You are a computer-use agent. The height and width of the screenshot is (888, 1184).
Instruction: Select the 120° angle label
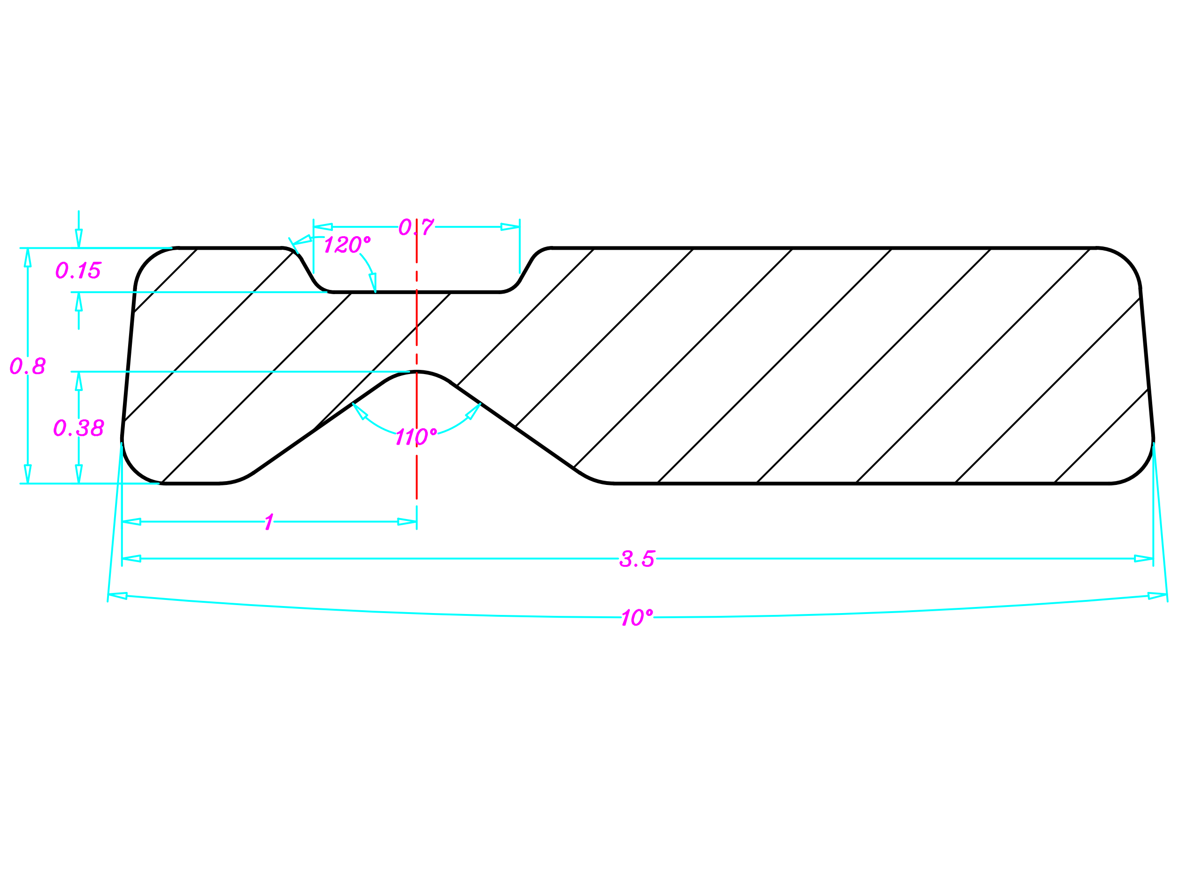coord(347,245)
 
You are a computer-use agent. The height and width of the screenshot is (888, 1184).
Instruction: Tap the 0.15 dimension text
coord(78,270)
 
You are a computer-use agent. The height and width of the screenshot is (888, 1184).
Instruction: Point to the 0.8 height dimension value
coord(28,366)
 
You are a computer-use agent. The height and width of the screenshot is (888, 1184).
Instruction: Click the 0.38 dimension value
coord(79,428)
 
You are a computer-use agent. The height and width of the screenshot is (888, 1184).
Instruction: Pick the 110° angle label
coord(417,437)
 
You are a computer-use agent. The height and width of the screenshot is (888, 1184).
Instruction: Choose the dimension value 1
coord(269,522)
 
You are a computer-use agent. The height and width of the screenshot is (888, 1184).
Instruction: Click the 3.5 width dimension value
coord(637,559)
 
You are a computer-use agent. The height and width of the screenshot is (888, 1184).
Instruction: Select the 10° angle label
coord(637,617)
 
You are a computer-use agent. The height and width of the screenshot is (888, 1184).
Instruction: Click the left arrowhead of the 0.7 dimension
coord(323,227)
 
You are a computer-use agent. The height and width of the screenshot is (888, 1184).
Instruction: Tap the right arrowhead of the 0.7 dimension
coord(510,227)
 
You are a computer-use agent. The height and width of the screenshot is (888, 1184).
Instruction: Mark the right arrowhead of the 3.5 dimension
coord(1143,559)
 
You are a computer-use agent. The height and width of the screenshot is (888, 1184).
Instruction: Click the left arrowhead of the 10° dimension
coord(118,596)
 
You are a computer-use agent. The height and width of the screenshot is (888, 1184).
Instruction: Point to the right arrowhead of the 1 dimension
coord(407,522)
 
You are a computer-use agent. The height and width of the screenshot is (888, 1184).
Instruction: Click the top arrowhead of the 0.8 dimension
coord(28,258)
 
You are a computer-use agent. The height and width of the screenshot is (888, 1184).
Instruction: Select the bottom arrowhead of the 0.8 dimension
coord(28,474)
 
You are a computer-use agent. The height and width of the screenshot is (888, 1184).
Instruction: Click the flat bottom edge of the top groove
coord(417,292)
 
